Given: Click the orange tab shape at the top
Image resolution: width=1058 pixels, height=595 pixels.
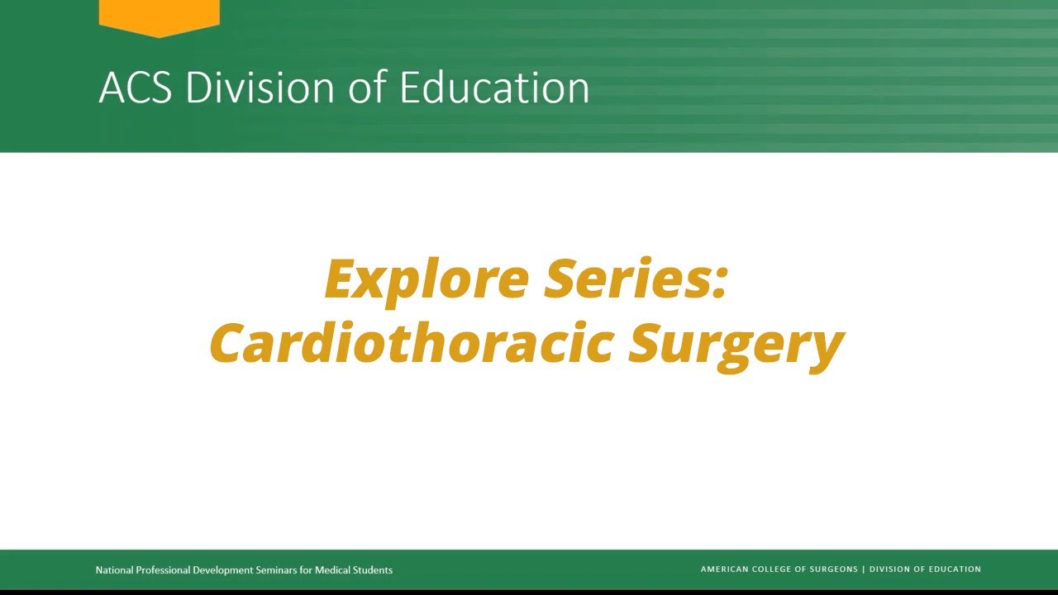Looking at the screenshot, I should click(159, 15).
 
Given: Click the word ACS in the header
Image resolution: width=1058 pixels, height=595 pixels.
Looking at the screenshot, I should click(136, 88).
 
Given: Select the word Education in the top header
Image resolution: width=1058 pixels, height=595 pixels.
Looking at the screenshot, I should click(494, 88).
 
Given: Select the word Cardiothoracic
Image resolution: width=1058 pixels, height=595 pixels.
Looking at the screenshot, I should click(411, 343).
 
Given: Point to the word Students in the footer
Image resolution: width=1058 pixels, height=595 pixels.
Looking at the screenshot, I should click(373, 570).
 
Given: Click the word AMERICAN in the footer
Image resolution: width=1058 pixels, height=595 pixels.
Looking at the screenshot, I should click(725, 569).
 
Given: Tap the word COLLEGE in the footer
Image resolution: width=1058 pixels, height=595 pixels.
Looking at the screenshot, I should click(777, 569).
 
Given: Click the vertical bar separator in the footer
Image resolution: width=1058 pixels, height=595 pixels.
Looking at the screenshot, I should click(864, 569).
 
